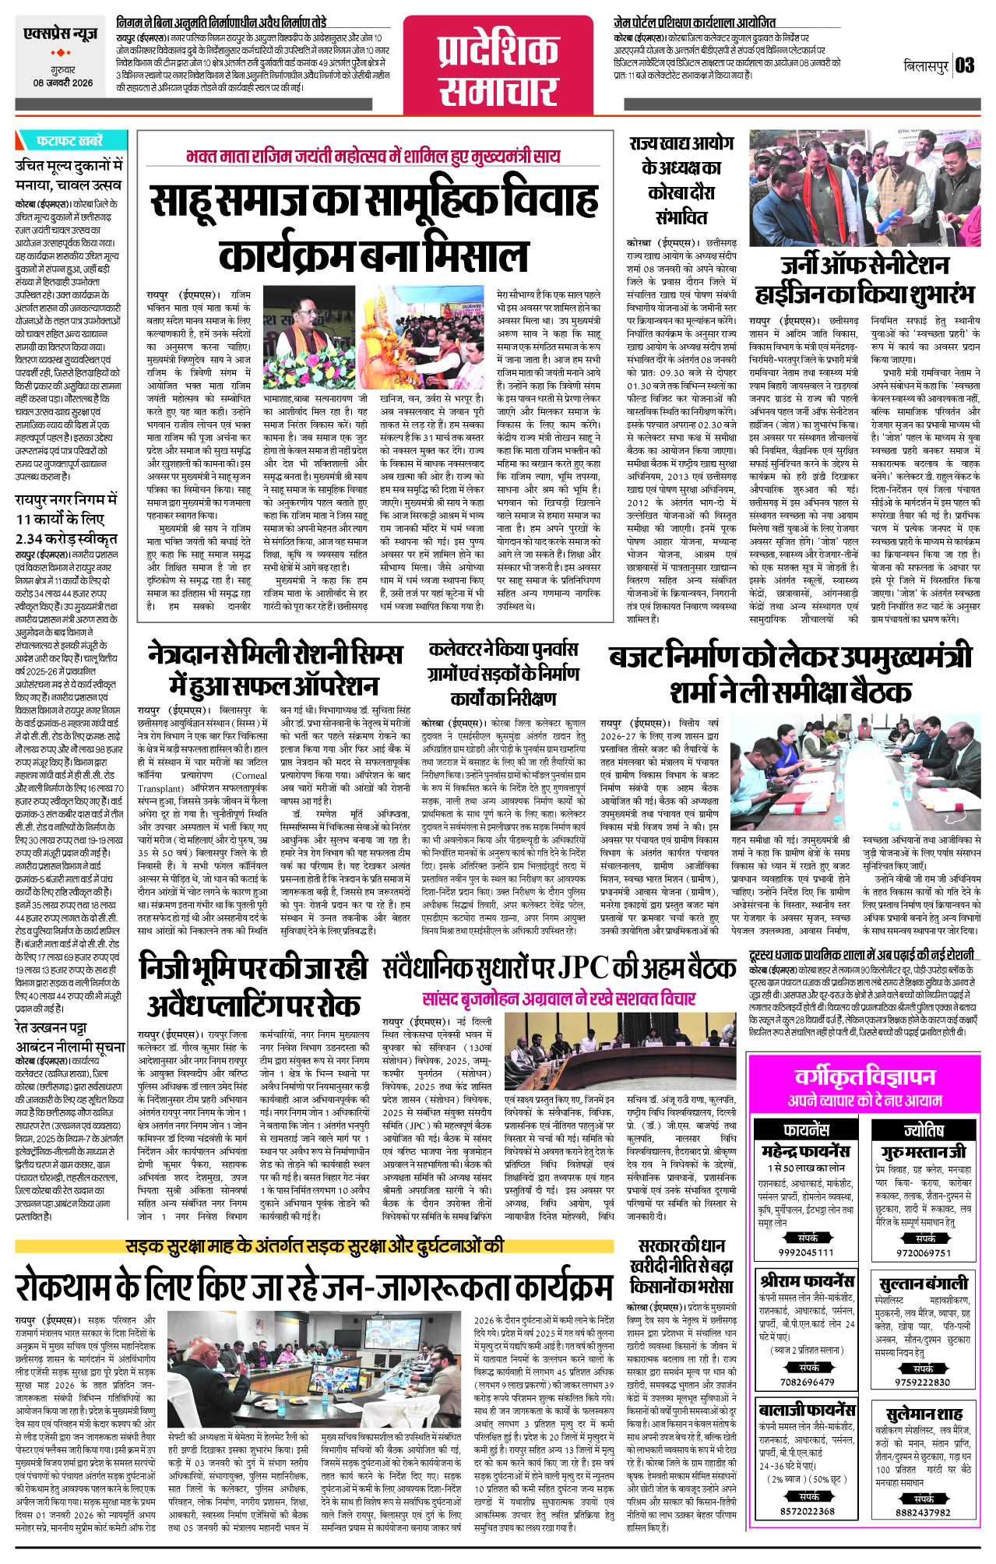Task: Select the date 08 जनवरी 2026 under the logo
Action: (x=62, y=83)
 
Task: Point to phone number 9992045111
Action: (x=805, y=1252)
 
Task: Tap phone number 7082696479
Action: (x=806, y=1382)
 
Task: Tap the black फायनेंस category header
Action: (x=806, y=1129)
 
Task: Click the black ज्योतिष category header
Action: (x=924, y=1129)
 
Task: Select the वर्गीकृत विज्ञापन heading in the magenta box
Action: (x=864, y=1076)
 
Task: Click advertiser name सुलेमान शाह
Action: (x=924, y=1413)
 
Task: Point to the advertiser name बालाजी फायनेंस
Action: (x=806, y=1410)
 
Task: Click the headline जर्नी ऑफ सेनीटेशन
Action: (x=864, y=266)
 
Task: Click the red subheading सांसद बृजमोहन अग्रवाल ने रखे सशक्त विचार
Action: (x=558, y=999)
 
